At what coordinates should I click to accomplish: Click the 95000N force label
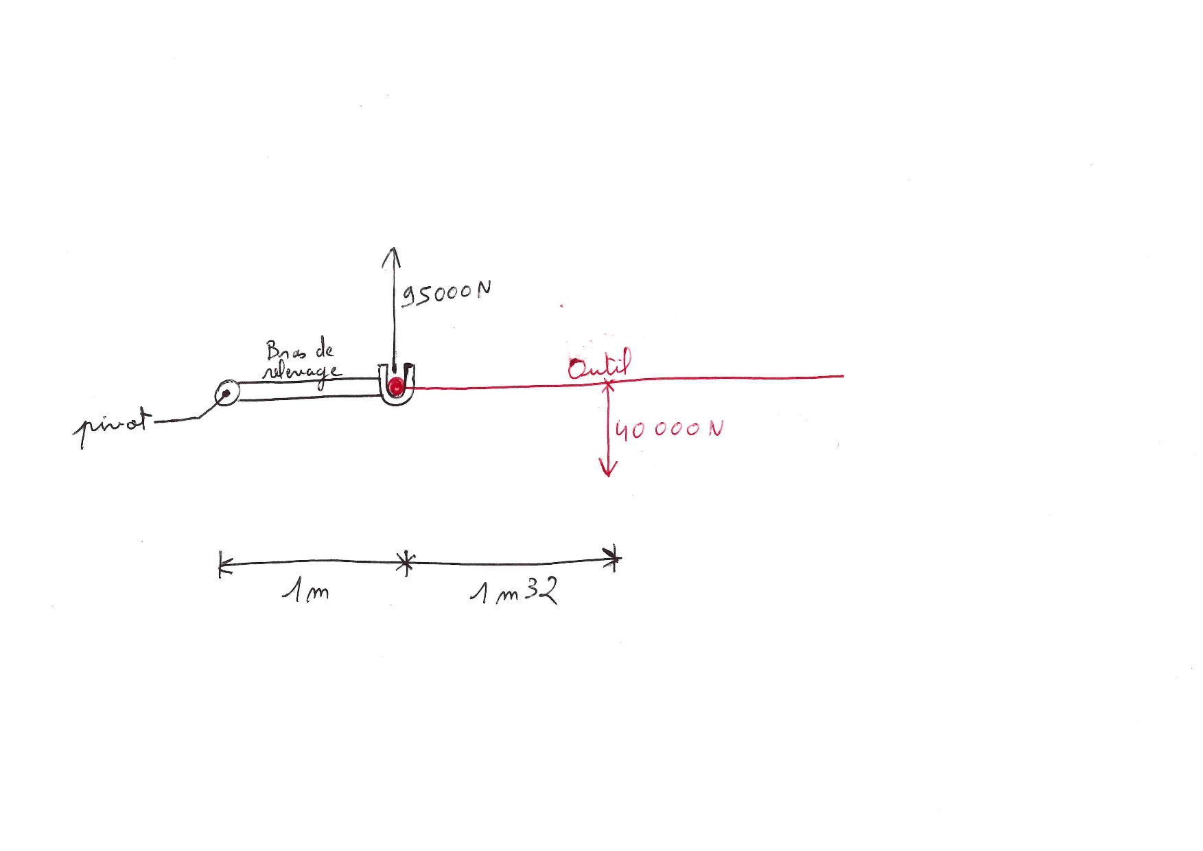(446, 294)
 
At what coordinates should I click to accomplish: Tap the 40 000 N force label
(669, 430)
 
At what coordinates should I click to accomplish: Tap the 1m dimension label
(305, 590)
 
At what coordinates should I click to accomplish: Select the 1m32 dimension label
(514, 591)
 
